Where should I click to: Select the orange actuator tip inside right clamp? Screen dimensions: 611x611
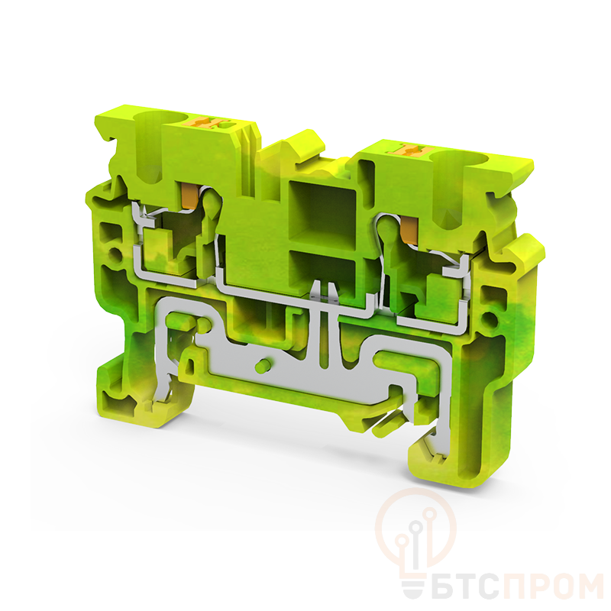coord(409,231)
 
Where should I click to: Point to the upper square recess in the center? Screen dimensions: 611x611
coord(322,211)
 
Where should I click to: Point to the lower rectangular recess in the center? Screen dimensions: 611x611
coord(322,273)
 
